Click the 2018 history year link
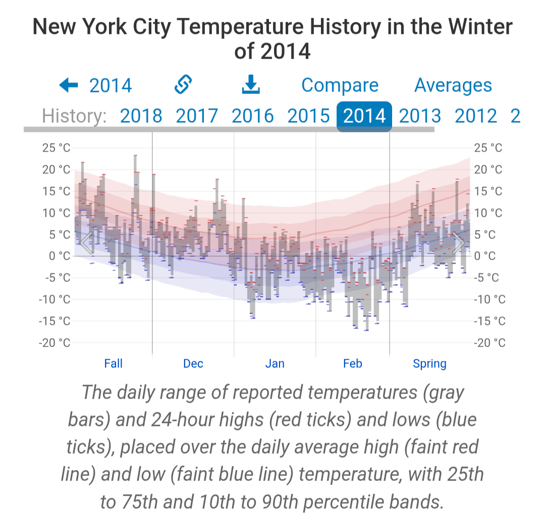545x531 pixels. tap(141, 116)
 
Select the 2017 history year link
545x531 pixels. tap(197, 116)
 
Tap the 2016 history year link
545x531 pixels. tap(253, 116)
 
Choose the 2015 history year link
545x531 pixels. tap(308, 116)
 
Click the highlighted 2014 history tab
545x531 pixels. tap(364, 116)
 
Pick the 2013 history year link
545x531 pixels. tap(420, 116)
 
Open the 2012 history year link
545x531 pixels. tap(476, 116)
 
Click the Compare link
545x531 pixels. tap(340, 85)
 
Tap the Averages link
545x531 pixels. tap(453, 85)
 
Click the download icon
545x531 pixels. tap(251, 85)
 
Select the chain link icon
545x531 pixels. tap(183, 85)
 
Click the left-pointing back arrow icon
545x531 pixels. tap(69, 85)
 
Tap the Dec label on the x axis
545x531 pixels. tap(193, 364)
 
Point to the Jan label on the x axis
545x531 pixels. tap(275, 364)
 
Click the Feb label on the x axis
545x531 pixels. tap(353, 364)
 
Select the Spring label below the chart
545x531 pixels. tap(429, 364)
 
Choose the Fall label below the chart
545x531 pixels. tap(114, 364)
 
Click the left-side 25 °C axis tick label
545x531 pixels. tap(56, 148)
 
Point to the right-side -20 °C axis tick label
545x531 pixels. tap(489, 343)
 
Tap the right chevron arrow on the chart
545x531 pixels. tap(458, 243)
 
